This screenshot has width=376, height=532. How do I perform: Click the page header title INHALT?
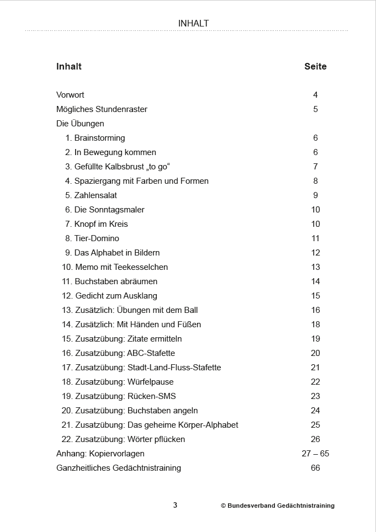pyautogui.click(x=193, y=23)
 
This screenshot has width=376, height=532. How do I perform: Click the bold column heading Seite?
pyautogui.click(x=315, y=67)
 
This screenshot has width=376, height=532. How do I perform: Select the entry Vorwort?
pyautogui.click(x=70, y=95)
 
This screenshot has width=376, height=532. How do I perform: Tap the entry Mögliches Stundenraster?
pyautogui.click(x=102, y=109)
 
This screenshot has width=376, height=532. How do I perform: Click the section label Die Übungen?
pyautogui.click(x=80, y=124)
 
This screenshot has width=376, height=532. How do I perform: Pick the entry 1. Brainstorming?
pyautogui.click(x=95, y=138)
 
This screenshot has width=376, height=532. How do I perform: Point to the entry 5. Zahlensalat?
pyautogui.click(x=91, y=195)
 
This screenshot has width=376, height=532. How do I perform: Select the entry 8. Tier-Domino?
pyautogui.click(x=92, y=238)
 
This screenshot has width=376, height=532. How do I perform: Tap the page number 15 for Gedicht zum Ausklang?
pyautogui.click(x=315, y=296)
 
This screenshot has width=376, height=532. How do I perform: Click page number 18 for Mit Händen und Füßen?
pyautogui.click(x=315, y=324)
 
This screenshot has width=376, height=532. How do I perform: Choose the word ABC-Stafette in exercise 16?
pyautogui.click(x=151, y=353)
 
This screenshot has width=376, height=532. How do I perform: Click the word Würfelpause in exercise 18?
pyautogui.click(x=150, y=382)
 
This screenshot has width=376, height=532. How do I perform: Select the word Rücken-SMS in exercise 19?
pyautogui.click(x=152, y=396)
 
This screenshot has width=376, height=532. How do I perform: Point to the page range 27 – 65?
pyautogui.click(x=315, y=454)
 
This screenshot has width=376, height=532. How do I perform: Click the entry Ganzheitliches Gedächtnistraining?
pyautogui.click(x=119, y=468)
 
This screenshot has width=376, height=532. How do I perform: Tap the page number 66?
pyautogui.click(x=315, y=468)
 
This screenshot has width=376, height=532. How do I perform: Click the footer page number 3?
pyautogui.click(x=175, y=505)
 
